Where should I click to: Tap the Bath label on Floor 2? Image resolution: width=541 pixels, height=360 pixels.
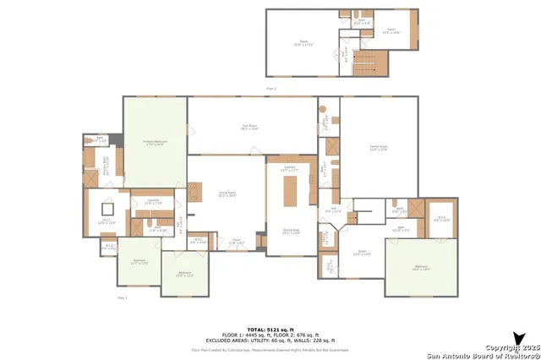359,22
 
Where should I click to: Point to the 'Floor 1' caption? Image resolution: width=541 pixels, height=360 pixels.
122,297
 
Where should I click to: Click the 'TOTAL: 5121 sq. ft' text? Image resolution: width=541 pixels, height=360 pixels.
270,329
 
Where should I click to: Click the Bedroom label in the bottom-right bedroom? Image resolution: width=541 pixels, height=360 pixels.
421,267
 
